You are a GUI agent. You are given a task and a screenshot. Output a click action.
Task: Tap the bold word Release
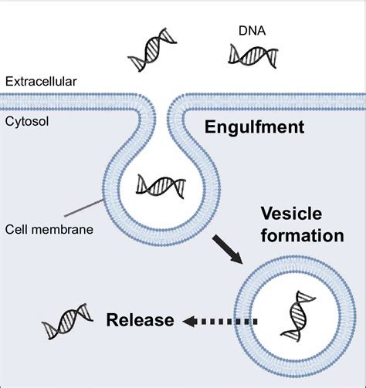[x=140, y=319]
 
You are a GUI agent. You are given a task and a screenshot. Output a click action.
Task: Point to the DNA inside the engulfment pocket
[x=160, y=186]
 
